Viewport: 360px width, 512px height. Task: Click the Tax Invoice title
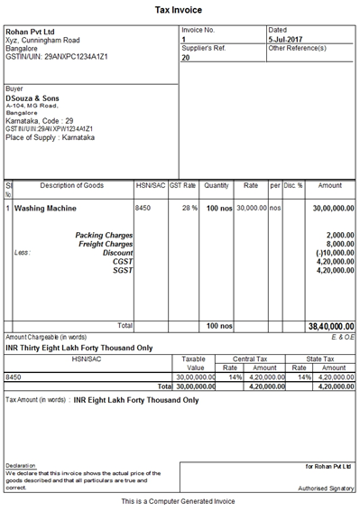[180, 9]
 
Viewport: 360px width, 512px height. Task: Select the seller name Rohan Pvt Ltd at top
[32, 32]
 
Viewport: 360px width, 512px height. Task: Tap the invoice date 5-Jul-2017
[290, 40]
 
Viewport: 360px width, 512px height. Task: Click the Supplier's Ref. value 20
[186, 57]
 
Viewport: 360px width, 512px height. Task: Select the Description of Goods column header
[72, 186]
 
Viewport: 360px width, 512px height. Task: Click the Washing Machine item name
[45, 209]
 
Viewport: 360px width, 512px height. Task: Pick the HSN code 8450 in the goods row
[143, 209]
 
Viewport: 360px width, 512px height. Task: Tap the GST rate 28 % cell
[189, 209]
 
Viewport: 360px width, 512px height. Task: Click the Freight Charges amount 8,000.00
[335, 244]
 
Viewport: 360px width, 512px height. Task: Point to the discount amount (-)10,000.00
[331, 253]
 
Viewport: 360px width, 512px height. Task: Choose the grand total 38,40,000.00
[331, 326]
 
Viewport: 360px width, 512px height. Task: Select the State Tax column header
[322, 358]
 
